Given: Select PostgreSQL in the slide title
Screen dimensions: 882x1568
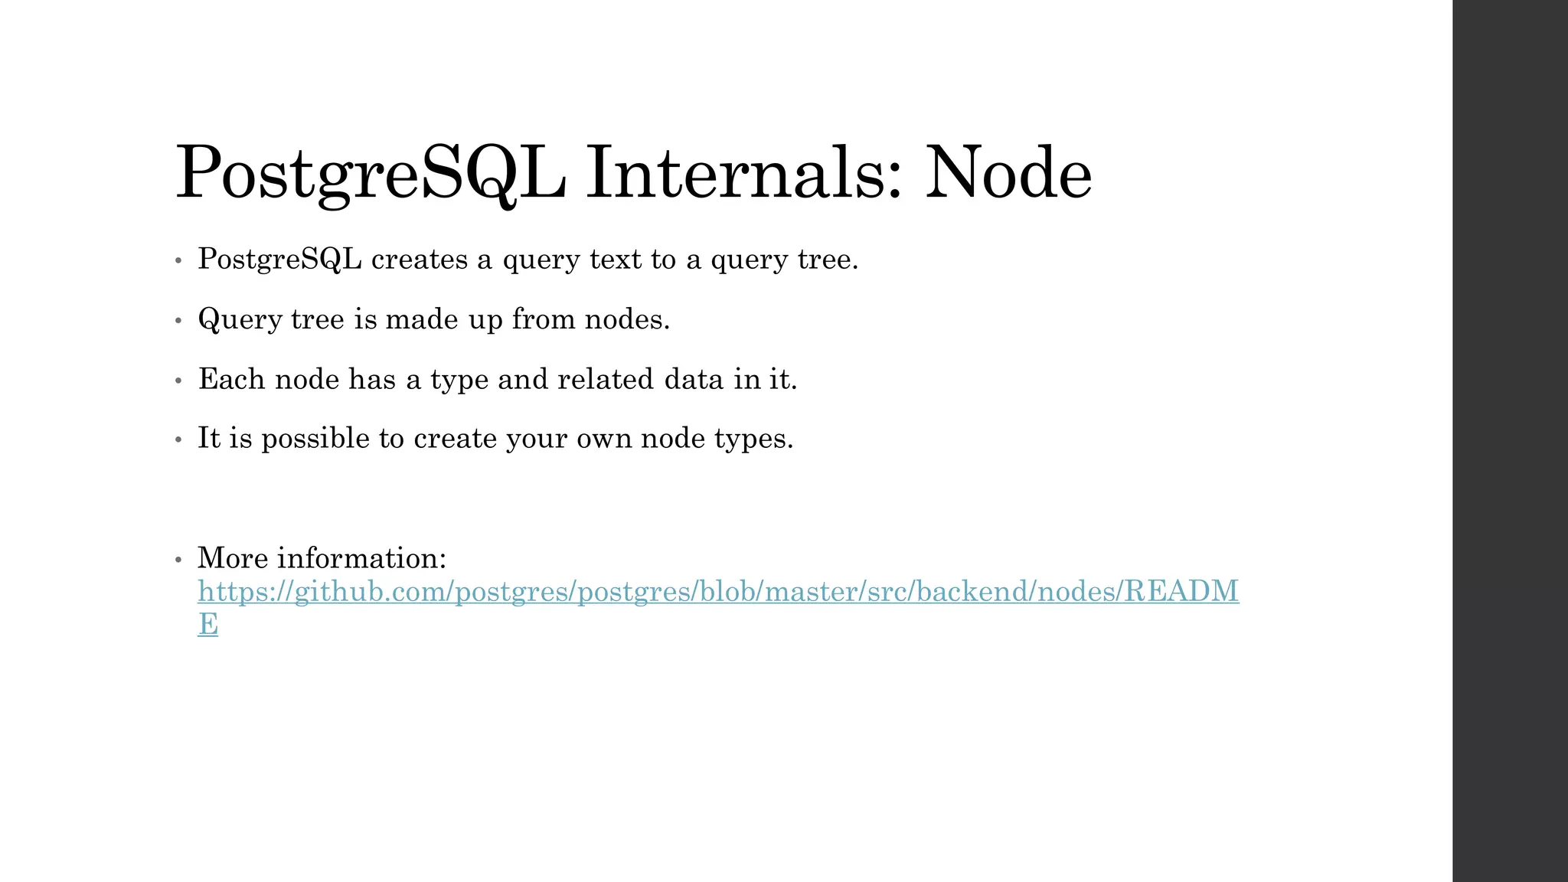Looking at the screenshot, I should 371,175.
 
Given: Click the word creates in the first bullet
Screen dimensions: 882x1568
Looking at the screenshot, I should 420,260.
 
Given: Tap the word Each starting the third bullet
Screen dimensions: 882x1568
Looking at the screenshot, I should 231,379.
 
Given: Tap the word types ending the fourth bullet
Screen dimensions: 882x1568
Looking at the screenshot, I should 753,439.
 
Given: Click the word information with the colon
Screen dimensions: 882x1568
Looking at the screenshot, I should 361,558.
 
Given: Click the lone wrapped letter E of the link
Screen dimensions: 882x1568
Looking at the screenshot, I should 207,624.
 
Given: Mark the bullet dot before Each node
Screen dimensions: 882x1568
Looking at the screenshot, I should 178,381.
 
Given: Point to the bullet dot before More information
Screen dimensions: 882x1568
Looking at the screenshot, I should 178,560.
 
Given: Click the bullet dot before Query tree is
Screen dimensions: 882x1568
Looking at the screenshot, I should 178,321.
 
